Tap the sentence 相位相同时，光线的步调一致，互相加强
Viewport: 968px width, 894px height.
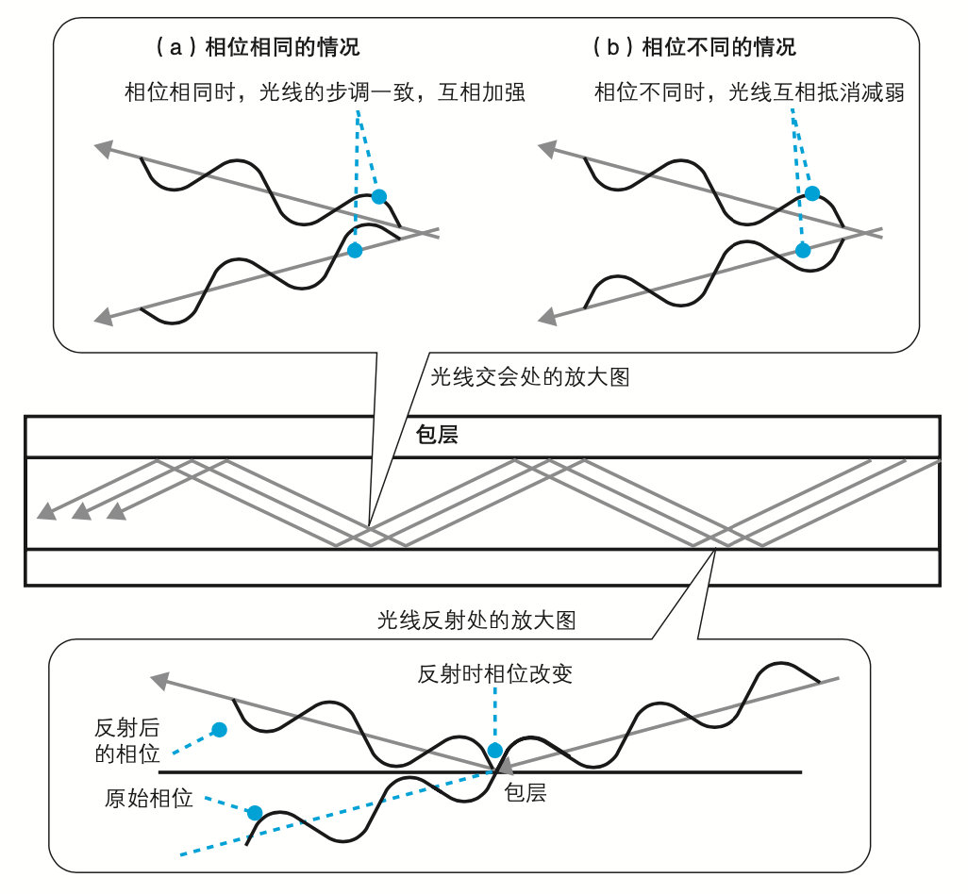(324, 92)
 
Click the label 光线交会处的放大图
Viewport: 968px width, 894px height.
(528, 378)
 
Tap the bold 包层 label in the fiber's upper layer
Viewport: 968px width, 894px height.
(437, 436)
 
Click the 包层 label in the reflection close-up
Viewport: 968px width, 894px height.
(525, 793)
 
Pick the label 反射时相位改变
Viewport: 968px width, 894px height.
(494, 674)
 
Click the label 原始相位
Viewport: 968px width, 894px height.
(148, 799)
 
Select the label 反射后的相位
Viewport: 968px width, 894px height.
(126, 740)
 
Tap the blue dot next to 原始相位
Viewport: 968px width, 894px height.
(254, 812)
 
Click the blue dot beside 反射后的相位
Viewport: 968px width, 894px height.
(219, 729)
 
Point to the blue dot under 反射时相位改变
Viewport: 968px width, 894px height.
(492, 752)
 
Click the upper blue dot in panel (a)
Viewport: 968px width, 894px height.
(379, 196)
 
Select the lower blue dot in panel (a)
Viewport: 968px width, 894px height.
(355, 250)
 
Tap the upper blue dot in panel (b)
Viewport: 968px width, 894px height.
(812, 193)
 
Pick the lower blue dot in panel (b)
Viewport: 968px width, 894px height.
(803, 250)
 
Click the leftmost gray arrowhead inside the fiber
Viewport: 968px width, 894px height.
(44, 512)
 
